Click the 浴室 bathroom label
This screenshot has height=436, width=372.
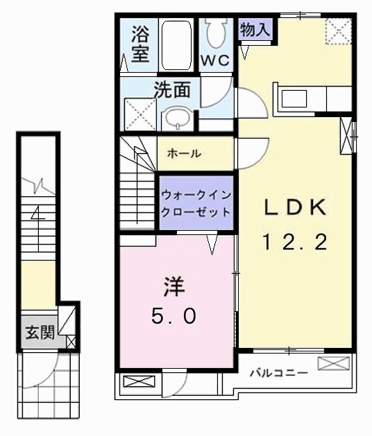pyautogui.click(x=139, y=44)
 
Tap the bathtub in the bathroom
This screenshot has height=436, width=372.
pyautogui.click(x=176, y=44)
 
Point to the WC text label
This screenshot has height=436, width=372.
pyautogui.click(x=214, y=60)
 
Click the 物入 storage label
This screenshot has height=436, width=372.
pyautogui.click(x=255, y=28)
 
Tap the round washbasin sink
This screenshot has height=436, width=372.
pyautogui.click(x=180, y=117)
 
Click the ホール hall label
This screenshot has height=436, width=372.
pyautogui.click(x=185, y=153)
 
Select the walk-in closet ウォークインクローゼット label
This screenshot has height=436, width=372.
pyautogui.click(x=196, y=203)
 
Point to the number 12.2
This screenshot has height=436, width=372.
pyautogui.click(x=294, y=242)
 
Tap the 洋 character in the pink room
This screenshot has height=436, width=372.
pyautogui.click(x=174, y=286)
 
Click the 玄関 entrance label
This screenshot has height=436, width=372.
pyautogui.click(x=40, y=333)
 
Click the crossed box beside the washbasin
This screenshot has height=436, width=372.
pyautogui.click(x=139, y=114)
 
